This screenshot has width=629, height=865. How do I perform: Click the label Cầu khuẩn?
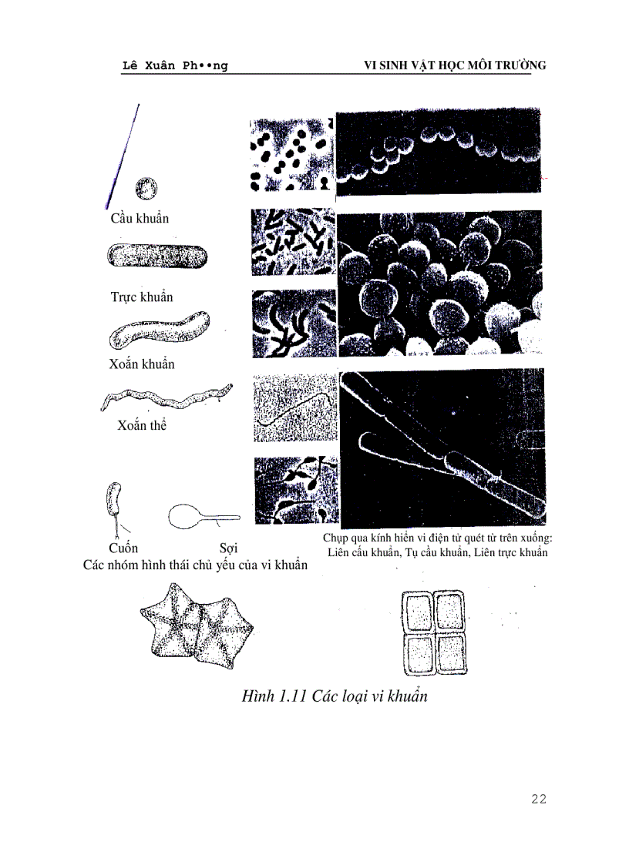click(x=140, y=219)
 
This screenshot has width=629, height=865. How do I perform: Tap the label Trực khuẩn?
click(x=142, y=297)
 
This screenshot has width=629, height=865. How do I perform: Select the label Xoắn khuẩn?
click(x=142, y=364)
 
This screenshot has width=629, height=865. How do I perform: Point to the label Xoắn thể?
click(x=142, y=425)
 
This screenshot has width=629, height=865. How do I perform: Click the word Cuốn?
click(x=123, y=548)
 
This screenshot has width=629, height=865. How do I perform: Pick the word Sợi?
click(x=228, y=548)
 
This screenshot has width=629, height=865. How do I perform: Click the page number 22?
click(x=538, y=799)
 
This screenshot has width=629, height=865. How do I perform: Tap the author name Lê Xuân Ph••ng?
click(x=164, y=66)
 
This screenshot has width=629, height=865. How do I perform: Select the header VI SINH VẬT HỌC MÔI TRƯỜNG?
click(x=455, y=66)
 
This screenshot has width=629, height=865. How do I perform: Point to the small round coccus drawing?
click(x=146, y=188)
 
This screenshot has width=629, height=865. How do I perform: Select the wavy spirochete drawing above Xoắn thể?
click(x=166, y=398)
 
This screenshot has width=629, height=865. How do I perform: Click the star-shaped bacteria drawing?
click(x=193, y=625)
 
